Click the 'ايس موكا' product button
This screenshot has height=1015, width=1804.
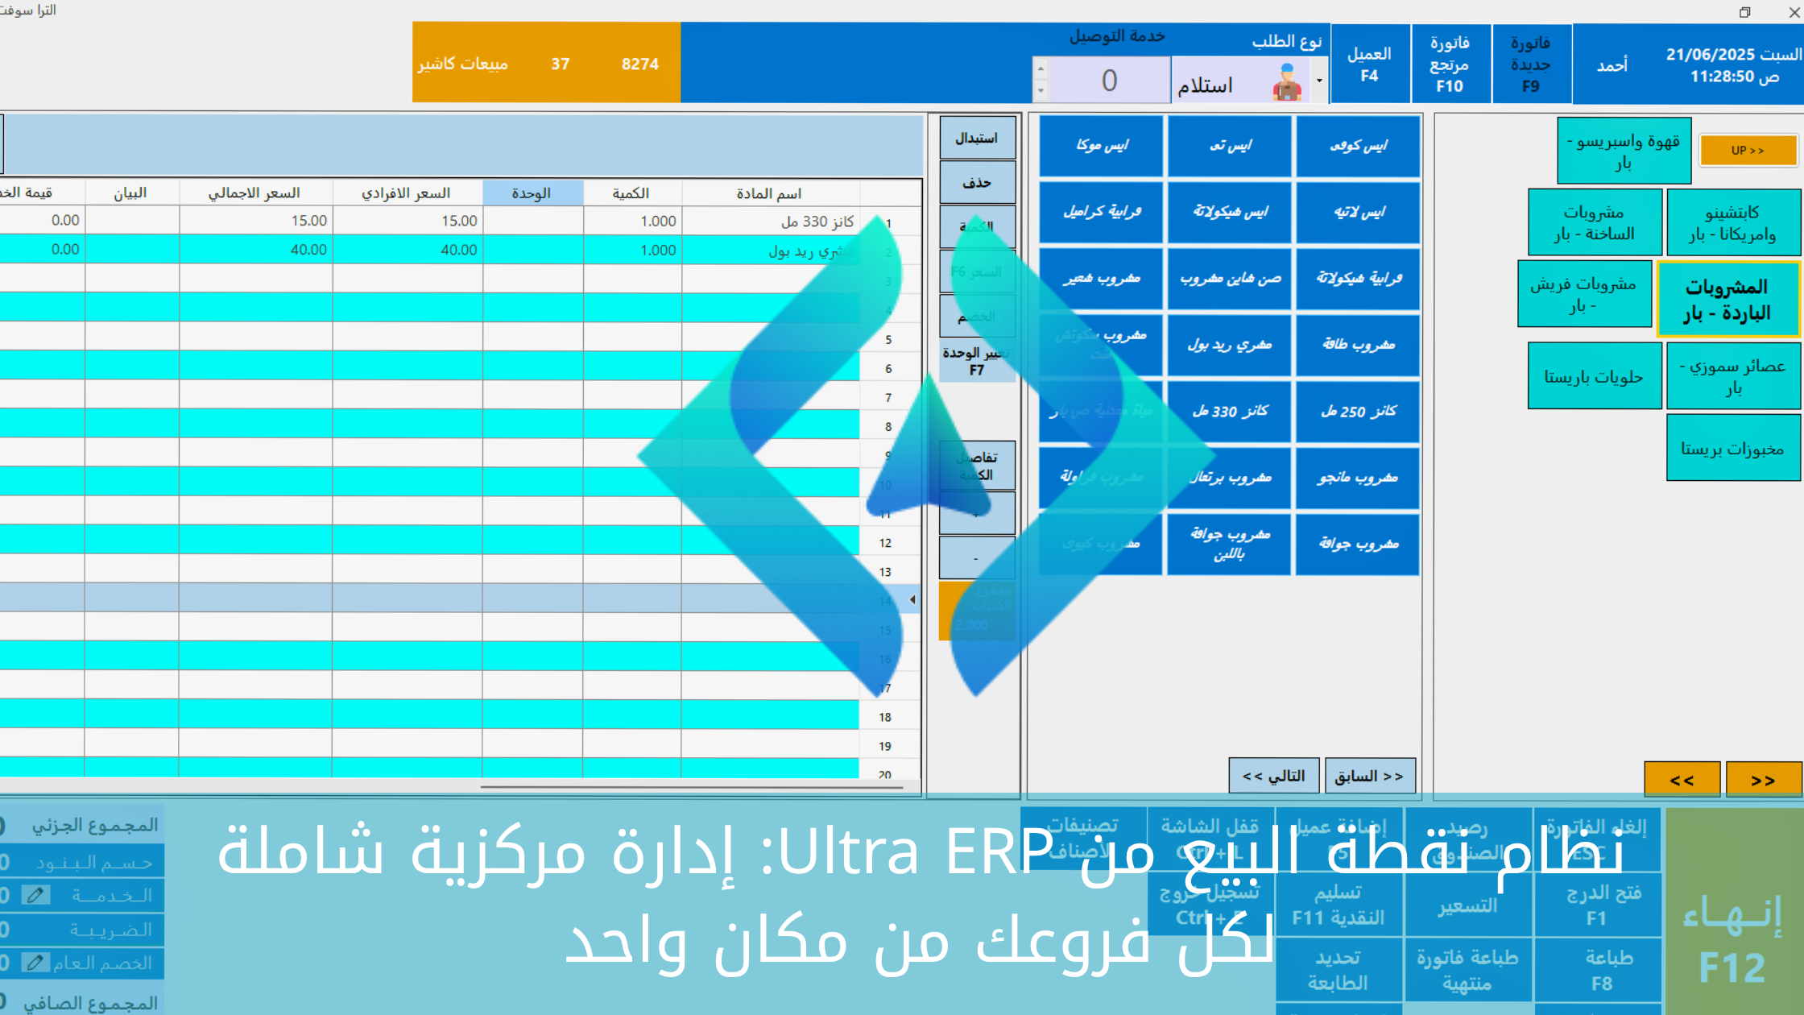pyautogui.click(x=1101, y=146)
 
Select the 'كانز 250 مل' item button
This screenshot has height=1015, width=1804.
pyautogui.click(x=1358, y=412)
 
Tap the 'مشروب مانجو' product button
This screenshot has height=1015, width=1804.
pyautogui.click(x=1358, y=478)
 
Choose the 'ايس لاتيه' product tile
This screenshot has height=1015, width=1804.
pyautogui.click(x=1358, y=213)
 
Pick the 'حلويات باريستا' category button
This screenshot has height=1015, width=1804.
pyautogui.click(x=1594, y=377)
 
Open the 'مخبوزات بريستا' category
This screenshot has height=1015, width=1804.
pyautogui.click(x=1732, y=449)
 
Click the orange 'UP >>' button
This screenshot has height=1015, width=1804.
pyautogui.click(x=1748, y=151)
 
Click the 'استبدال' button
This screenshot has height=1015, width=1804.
pyautogui.click(x=977, y=139)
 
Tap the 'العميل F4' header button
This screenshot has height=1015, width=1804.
pyautogui.click(x=1370, y=64)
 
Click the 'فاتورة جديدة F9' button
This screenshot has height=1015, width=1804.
pyautogui.click(x=1530, y=64)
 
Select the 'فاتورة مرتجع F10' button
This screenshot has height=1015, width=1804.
pyautogui.click(x=1450, y=64)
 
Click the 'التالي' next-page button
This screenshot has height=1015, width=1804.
pyautogui.click(x=1273, y=776)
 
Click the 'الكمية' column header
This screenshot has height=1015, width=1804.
pyautogui.click(x=631, y=193)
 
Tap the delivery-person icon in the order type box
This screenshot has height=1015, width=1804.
pyautogui.click(x=1287, y=83)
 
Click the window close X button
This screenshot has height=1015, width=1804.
pyautogui.click(x=1793, y=12)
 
